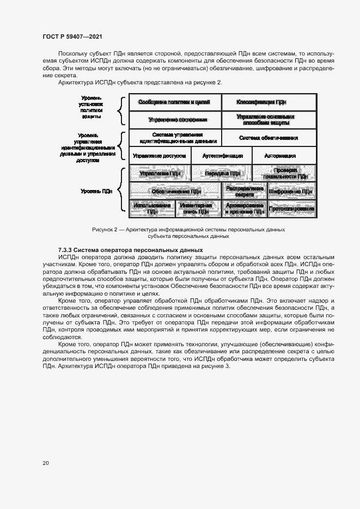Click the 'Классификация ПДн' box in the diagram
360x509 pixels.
pos(269,102)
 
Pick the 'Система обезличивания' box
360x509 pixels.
pos(269,137)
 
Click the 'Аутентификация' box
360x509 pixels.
pos(222,155)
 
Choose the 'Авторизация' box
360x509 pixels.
pos(284,155)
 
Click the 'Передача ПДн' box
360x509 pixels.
pos(222,173)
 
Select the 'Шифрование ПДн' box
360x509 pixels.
pos(291,191)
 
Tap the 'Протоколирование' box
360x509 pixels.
pos(291,208)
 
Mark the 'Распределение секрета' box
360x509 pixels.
pos(243,191)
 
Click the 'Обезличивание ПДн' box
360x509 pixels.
pos(174,191)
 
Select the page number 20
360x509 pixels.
pos(46,463)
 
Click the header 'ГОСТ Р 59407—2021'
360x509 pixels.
pos(72,36)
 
